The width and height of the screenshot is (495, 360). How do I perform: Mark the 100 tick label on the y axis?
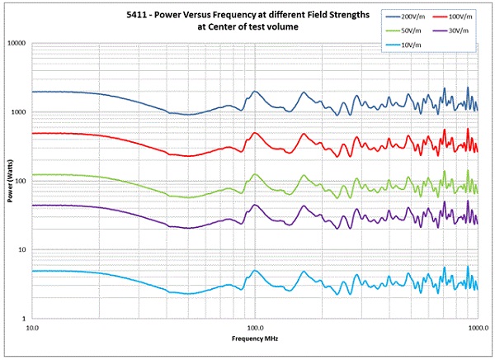tap(21, 181)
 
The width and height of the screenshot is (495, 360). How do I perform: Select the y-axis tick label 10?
tap(23, 250)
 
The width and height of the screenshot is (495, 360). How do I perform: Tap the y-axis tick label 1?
tap(25, 319)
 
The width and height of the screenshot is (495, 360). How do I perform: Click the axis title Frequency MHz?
tap(255, 339)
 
